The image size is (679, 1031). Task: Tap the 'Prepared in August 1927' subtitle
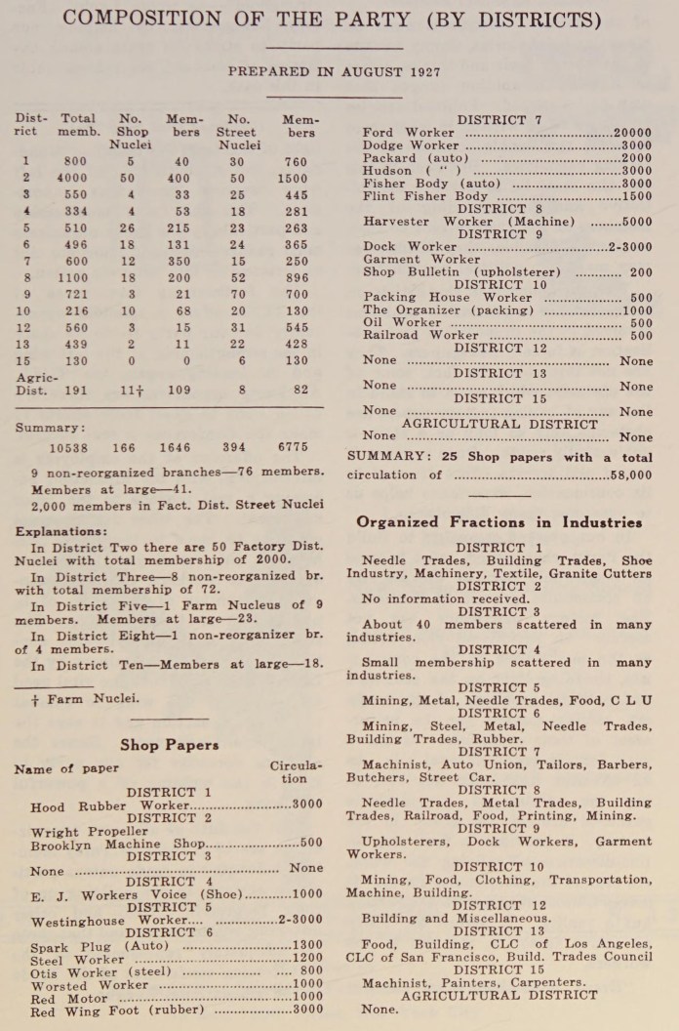click(334, 72)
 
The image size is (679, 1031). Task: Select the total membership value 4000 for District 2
click(70, 179)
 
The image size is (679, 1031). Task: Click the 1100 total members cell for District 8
click(70, 277)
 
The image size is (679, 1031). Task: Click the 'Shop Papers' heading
click(169, 745)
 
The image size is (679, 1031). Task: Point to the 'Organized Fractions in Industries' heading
click(499, 522)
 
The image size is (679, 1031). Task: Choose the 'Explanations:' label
click(60, 532)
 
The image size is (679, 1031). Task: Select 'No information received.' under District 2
click(445, 599)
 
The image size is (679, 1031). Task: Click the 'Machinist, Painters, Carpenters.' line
click(473, 982)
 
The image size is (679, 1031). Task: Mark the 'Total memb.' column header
click(77, 125)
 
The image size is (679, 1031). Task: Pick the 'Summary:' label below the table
click(49, 428)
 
